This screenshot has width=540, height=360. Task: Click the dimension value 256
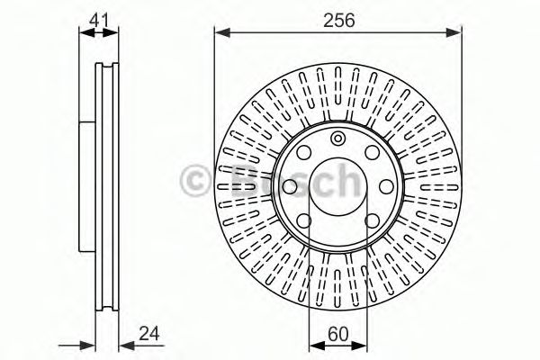tap(339, 21)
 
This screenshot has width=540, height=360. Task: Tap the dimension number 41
tap(99, 20)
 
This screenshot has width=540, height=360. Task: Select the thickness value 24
tap(149, 334)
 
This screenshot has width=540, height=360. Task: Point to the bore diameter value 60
tap(338, 334)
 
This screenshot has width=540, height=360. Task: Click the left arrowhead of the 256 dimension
tap(221, 32)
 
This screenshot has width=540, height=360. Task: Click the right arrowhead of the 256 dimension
tap(454, 32)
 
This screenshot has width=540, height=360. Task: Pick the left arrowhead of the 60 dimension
tap(317, 346)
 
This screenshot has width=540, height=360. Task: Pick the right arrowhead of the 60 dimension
tap(359, 346)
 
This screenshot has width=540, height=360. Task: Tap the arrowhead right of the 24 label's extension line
tap(126, 346)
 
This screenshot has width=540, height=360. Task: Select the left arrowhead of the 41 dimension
tap(86, 32)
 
